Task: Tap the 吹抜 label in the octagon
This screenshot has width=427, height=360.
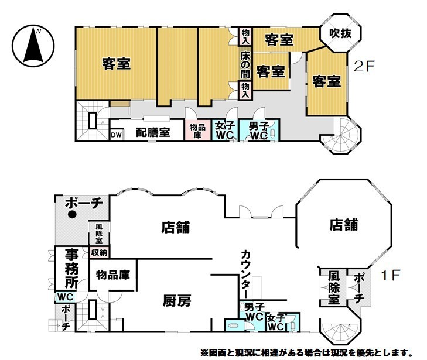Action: pyautogui.click(x=340, y=35)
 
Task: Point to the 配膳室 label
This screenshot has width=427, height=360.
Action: pyautogui.click(x=153, y=132)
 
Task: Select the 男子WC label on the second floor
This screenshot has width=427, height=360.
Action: pyautogui.click(x=258, y=130)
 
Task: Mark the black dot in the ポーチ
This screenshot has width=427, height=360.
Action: pyautogui.click(x=72, y=214)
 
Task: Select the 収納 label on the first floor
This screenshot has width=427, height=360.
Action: pyautogui.click(x=99, y=253)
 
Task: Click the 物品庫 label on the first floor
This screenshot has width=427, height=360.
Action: pyautogui.click(x=113, y=275)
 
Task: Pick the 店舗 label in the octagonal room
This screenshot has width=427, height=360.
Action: pyautogui.click(x=343, y=224)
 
